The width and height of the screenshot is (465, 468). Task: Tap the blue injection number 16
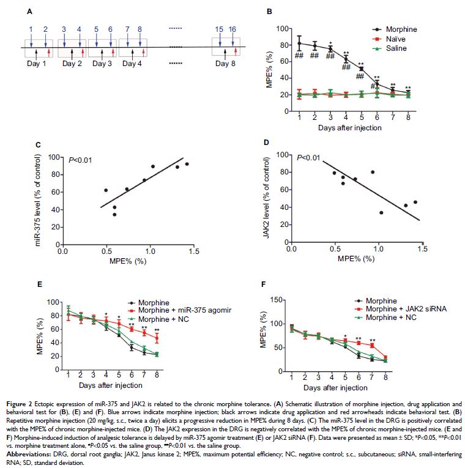click(x=232, y=29)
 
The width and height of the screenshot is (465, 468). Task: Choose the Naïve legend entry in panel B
click(x=395, y=39)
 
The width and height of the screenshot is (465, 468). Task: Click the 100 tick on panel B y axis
click(x=281, y=29)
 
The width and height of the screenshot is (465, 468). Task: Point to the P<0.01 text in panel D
click(x=310, y=158)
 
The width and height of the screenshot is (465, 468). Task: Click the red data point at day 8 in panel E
click(x=156, y=338)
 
